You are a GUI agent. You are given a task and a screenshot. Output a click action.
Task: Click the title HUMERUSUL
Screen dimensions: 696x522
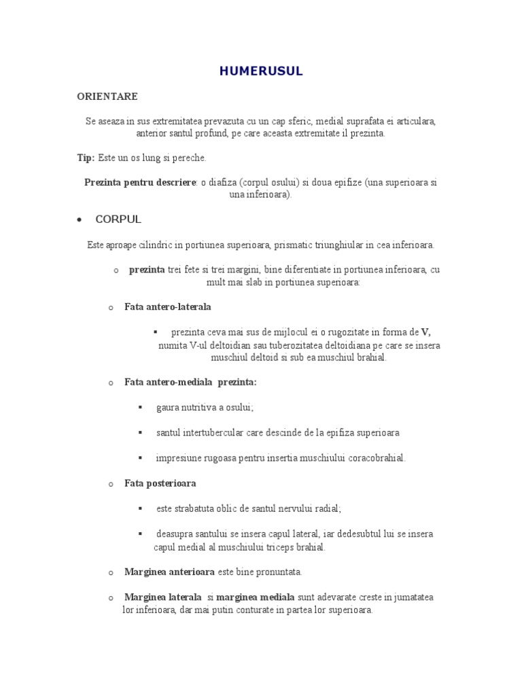(261, 71)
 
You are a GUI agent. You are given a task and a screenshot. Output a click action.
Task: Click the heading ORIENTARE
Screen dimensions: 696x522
(107, 97)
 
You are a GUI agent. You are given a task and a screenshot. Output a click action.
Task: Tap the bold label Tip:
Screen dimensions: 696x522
(86, 158)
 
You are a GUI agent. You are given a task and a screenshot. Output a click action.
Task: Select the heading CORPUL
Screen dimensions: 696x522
(118, 220)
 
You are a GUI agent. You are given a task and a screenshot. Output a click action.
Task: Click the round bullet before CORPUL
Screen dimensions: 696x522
(80, 220)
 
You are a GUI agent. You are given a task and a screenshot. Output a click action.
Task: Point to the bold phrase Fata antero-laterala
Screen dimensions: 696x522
(168, 307)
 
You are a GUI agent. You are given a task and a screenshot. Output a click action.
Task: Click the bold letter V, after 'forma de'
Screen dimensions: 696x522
(426, 332)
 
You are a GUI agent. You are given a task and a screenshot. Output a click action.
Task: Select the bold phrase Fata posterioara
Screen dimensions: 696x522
(160, 483)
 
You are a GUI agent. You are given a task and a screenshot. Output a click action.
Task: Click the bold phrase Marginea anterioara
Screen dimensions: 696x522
(169, 572)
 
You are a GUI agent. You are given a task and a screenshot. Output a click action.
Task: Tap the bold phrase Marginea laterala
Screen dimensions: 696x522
(163, 597)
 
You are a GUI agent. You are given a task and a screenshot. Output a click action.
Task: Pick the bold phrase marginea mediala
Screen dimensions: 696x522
(256, 597)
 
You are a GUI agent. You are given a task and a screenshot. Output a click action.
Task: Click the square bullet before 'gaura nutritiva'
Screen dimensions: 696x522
(140, 407)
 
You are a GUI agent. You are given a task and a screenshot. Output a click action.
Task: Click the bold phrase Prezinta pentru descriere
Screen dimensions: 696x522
(140, 183)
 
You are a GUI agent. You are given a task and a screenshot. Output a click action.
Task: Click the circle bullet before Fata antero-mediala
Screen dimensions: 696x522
(110, 383)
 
